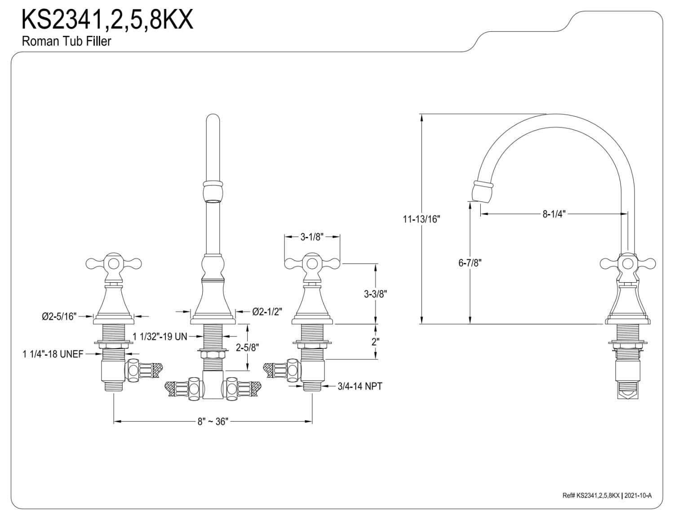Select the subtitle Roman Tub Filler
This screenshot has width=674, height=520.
click(x=66, y=41)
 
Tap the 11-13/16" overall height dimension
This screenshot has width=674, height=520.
click(x=421, y=219)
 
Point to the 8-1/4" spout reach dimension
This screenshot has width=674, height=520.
click(x=553, y=214)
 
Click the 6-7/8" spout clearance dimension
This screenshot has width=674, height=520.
click(x=470, y=263)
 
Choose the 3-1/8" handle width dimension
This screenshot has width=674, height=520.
click(x=312, y=237)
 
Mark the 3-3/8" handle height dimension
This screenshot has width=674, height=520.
click(x=375, y=294)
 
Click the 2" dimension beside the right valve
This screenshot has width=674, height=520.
click(x=376, y=341)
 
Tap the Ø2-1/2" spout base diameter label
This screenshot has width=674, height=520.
click(x=267, y=311)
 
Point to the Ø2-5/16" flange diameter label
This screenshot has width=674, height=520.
click(x=60, y=316)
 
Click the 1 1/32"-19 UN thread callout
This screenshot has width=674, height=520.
click(x=160, y=336)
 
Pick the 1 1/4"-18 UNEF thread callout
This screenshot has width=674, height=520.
click(x=53, y=354)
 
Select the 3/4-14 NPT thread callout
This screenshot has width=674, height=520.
click(x=360, y=386)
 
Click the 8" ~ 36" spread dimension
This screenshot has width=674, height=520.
click(x=213, y=421)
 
